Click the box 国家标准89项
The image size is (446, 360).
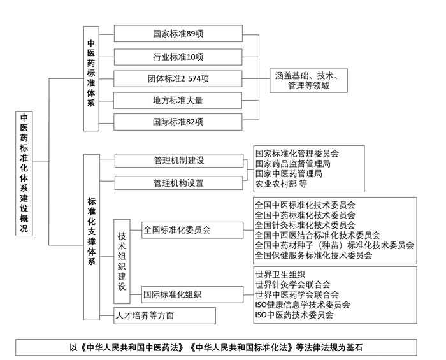(178, 34)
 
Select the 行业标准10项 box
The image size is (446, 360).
(178, 57)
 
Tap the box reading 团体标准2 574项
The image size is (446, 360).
(178, 78)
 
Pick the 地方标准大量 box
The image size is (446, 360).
(178, 101)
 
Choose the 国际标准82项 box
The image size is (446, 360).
(178, 122)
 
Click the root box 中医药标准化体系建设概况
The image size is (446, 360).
(24, 173)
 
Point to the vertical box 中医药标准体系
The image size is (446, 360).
(91, 79)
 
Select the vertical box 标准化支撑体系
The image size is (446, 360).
(92, 237)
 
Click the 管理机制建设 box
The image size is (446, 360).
(179, 161)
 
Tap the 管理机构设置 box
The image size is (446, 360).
(178, 183)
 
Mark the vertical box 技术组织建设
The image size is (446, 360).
(122, 261)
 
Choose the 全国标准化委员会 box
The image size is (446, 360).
(192, 230)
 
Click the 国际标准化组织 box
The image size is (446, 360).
(192, 294)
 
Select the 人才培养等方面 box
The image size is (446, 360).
(164, 315)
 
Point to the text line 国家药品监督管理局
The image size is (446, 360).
(292, 164)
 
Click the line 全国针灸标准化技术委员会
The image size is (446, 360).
(305, 225)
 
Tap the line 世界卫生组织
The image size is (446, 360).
(280, 275)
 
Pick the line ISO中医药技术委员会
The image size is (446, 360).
(294, 315)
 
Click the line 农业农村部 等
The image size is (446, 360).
(281, 184)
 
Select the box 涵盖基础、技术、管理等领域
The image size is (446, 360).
(308, 80)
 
